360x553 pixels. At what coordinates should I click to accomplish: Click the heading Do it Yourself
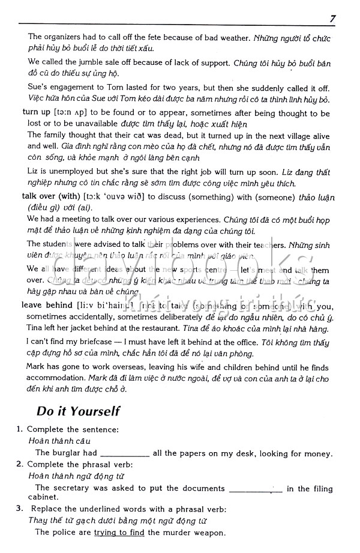[78, 411]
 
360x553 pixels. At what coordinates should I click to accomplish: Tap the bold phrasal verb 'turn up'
[36, 112]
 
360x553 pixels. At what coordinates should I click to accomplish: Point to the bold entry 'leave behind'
[47, 305]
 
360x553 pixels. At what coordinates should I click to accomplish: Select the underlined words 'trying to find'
[119, 532]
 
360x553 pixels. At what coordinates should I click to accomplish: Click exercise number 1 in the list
[20, 429]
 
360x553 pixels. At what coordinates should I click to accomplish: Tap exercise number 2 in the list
[20, 464]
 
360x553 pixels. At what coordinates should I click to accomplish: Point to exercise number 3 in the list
[20, 509]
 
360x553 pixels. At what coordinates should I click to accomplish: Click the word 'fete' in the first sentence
[173, 37]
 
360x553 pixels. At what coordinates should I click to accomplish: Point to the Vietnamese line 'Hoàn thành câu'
[51, 441]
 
